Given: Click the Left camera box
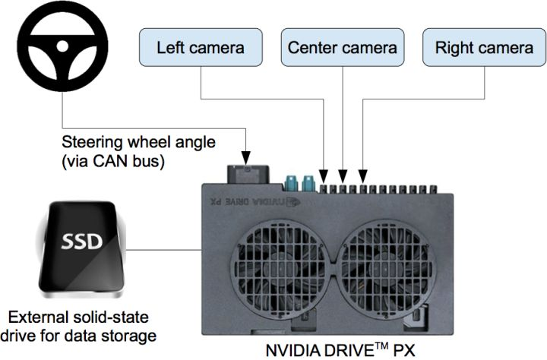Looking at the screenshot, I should tap(200, 47).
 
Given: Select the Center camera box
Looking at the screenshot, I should tap(342, 47).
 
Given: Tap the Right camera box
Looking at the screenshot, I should tap(483, 47).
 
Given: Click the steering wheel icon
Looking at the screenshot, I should tap(54, 51).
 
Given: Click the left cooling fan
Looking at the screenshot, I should tap(280, 258).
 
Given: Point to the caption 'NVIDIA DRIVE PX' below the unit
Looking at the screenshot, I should tap(340, 351).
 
